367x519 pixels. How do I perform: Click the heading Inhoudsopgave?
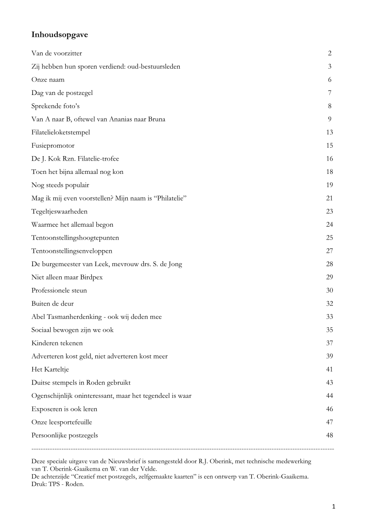click(x=59, y=34)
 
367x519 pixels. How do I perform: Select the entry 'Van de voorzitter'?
click(x=56, y=54)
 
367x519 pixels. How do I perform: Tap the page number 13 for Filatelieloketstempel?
click(x=329, y=133)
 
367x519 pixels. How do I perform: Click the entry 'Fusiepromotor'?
click(x=53, y=145)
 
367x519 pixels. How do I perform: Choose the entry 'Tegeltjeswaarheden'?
click(x=59, y=212)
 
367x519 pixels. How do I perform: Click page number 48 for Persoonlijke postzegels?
click(x=329, y=436)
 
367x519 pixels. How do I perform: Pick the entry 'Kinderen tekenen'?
click(x=57, y=343)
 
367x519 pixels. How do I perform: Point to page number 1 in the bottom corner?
click(x=334, y=507)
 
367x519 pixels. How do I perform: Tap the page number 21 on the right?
click(x=329, y=198)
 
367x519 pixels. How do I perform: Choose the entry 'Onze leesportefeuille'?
click(x=62, y=422)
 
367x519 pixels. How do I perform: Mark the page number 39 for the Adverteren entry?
click(x=329, y=356)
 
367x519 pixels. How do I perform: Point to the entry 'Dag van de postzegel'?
click(x=62, y=93)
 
